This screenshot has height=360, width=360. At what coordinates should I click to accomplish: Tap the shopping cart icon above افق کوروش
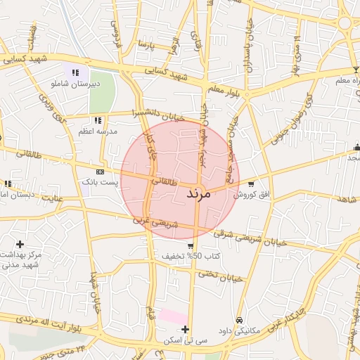coord(251,184)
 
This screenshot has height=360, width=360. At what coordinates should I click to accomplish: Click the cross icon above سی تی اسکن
coord(185,329)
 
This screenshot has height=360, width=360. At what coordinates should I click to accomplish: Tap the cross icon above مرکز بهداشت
coord(20,243)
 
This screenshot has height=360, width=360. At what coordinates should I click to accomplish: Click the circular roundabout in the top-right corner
coord(346,24)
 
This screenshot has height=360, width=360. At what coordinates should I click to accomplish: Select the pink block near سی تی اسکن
coord(172,316)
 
